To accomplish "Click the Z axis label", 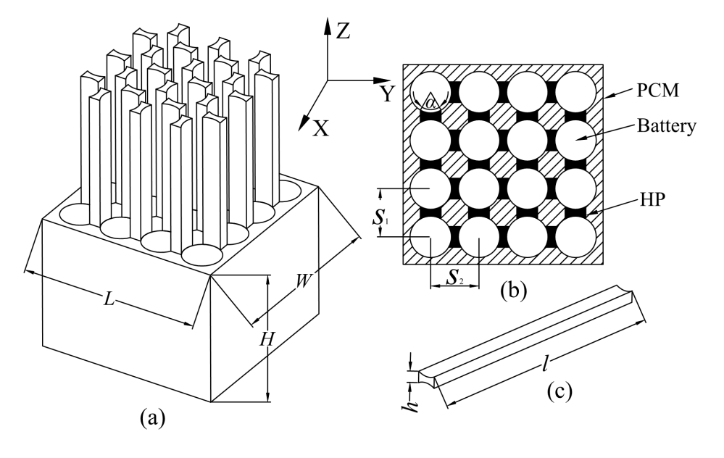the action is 343,31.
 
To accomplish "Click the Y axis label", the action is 387,93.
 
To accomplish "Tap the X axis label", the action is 321,128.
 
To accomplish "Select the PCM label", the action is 658,91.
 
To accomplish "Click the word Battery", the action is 666,125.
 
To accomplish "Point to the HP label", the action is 652,199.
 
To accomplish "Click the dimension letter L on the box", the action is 109,299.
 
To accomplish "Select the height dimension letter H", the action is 267,340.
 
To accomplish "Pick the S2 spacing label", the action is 454,277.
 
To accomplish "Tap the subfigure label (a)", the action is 152,418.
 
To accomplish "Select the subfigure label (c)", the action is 559,391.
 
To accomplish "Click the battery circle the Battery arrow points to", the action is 575,140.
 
